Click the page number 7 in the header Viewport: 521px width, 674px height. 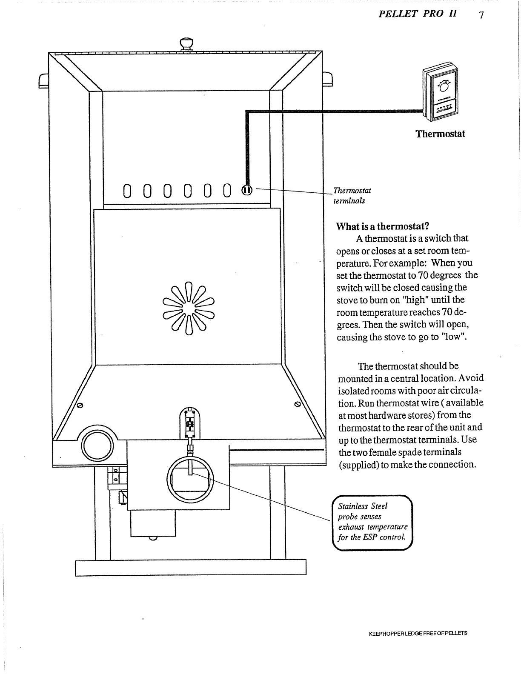pos(481,15)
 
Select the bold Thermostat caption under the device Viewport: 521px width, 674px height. pos(440,134)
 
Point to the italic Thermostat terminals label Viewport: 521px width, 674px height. pos(352,195)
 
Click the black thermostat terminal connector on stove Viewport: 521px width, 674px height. pos(247,190)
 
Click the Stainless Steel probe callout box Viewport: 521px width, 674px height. pos(372,522)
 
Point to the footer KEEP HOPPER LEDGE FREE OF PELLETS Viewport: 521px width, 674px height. pos(418,633)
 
